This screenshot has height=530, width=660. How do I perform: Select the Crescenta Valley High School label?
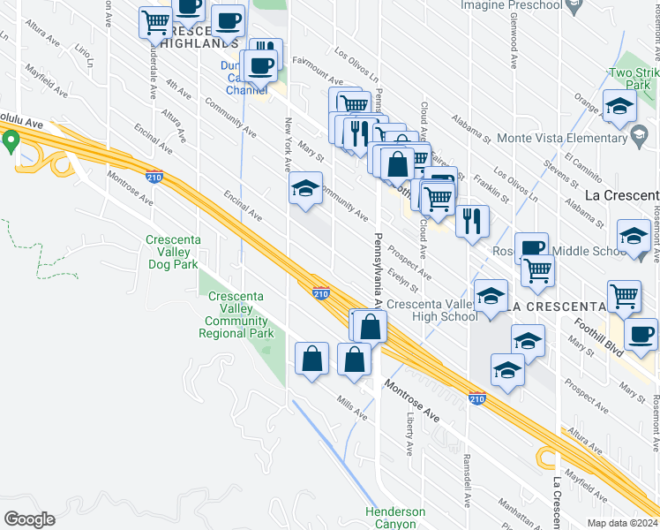click(x=432, y=310)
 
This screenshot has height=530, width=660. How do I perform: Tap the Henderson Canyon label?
click(x=395, y=518)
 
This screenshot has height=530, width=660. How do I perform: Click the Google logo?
click(x=29, y=519)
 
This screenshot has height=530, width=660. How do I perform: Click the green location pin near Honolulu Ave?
click(x=11, y=140)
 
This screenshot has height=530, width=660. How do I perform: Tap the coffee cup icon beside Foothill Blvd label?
click(x=641, y=334)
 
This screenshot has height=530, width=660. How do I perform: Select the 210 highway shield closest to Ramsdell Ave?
click(x=477, y=399)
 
